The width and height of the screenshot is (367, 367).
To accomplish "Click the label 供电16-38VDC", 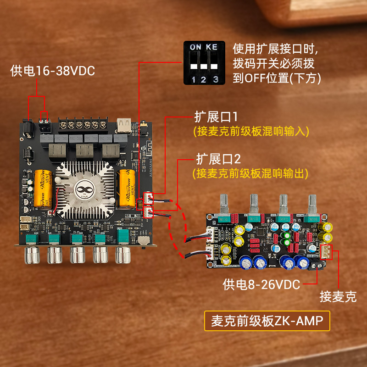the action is [x=52, y=71].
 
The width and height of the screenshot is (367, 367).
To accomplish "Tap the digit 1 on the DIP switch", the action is [x=193, y=80].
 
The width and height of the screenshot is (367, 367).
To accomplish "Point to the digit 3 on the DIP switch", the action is [x=216, y=80].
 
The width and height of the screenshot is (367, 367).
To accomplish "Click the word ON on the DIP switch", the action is [x=195, y=47].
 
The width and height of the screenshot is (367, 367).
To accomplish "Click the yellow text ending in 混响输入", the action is [x=250, y=131].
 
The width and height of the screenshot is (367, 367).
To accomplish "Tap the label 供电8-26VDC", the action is [x=261, y=284].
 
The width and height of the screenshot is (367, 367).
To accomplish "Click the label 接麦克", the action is [x=338, y=297].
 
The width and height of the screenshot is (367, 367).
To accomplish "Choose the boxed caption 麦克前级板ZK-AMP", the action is [x=267, y=321].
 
